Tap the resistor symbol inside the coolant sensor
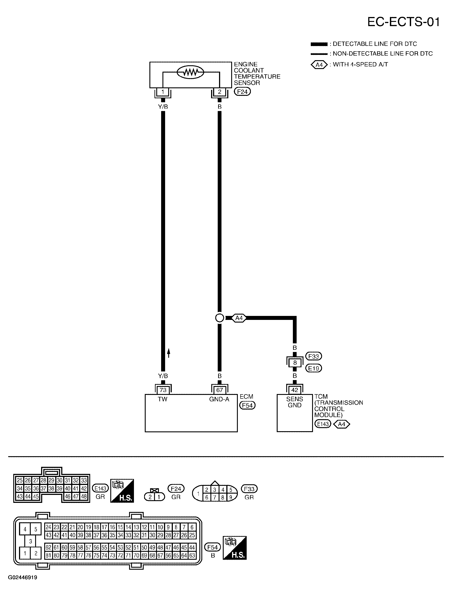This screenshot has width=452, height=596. (190, 72)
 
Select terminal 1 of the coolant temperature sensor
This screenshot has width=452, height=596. (163, 92)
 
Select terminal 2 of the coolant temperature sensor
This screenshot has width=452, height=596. (219, 92)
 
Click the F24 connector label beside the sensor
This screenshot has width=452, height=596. (242, 92)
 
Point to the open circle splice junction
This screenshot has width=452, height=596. (220, 318)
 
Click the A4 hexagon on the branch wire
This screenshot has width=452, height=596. (239, 318)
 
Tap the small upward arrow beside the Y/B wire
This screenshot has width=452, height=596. (169, 353)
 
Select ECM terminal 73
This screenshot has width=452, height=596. (163, 390)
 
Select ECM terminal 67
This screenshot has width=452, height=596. (219, 390)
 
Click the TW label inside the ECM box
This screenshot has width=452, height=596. (163, 399)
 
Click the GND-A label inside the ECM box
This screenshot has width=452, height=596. (219, 399)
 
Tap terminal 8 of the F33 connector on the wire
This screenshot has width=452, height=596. (295, 363)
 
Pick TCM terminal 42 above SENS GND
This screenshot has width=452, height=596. (295, 390)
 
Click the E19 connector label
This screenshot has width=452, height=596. (314, 368)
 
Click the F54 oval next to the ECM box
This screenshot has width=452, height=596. (247, 405)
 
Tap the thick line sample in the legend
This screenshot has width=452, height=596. (319, 44)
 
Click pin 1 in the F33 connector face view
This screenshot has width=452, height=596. (198, 494)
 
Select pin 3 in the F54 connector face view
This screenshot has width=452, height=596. (31, 541)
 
